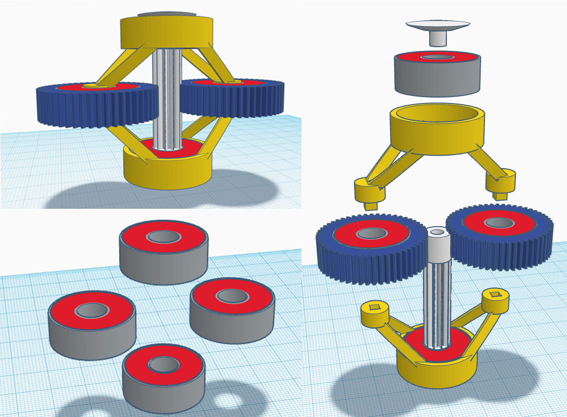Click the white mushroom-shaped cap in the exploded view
[438, 27]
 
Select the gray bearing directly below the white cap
[437, 76]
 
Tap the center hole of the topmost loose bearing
[163, 236]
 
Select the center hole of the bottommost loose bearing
[163, 364]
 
